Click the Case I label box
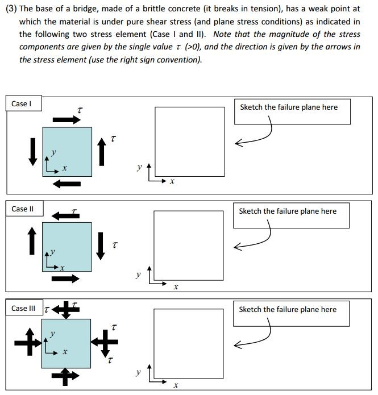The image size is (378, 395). [21, 104]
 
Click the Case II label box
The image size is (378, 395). [23, 209]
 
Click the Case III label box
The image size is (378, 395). [23, 308]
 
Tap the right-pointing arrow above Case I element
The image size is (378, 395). [67, 120]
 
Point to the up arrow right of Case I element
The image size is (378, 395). [101, 151]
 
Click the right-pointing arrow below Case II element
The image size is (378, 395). [66, 278]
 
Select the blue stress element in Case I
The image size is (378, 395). [67, 151]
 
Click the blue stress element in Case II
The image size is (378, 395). [67, 246]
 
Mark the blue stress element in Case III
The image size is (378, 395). [66, 343]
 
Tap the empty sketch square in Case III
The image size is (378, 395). [189, 343]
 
